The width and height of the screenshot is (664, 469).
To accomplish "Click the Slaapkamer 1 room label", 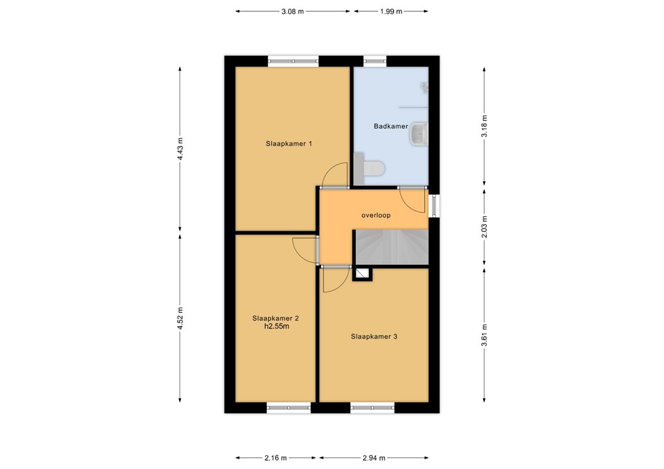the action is pos(289,143).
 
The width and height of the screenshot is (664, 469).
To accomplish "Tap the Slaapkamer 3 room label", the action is pos(374,337).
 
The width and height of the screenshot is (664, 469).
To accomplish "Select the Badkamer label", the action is pos(391,126).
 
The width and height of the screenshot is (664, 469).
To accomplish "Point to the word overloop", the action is pos(376,215).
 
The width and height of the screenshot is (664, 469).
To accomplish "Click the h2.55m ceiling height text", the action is pos(276,326).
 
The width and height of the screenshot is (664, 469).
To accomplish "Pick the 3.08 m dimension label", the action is pos(292,12).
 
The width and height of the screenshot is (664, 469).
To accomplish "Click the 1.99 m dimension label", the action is pos(391,12).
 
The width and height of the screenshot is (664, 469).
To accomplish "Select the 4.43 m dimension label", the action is pos(180,149).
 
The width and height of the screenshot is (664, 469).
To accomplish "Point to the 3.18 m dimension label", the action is pos(484,126).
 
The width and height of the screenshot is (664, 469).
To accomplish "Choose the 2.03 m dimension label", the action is pos(484,227).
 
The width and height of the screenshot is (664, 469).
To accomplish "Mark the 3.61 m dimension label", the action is pos(484,335).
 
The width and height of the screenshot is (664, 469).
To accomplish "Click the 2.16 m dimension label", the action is pos(276,457).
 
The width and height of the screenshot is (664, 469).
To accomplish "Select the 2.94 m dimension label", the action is pos(374,457).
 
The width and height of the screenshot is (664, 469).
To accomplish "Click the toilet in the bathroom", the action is pos(374,168).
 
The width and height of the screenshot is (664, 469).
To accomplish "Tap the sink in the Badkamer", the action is pos(419,134).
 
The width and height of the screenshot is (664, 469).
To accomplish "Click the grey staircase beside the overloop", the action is pos(392,247).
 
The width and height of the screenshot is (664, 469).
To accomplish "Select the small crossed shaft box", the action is pos(362,274).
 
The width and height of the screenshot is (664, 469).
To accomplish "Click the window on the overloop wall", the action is pos(434,205).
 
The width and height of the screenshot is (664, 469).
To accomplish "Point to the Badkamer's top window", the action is pos(375,62).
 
